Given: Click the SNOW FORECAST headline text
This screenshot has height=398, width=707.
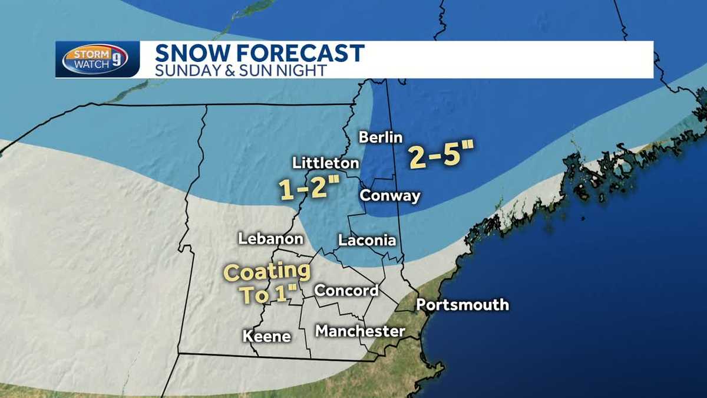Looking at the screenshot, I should click(259, 53).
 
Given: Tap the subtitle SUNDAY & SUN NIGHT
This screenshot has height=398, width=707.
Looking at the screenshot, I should click(240, 70).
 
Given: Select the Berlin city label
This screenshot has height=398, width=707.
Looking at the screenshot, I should click(381, 137).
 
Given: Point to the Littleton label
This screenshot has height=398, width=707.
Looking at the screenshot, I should click(326, 163).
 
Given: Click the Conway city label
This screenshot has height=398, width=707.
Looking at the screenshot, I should click(390, 196).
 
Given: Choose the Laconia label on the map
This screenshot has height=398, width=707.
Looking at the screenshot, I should click(366, 241).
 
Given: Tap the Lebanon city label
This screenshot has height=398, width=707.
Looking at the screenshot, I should click(270, 239).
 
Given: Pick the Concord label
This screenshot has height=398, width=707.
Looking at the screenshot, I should click(346, 291).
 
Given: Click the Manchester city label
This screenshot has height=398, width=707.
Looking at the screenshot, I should click(360, 331).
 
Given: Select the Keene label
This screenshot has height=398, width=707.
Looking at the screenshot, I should click(267, 336).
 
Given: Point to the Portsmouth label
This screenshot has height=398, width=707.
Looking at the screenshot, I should click(462, 305).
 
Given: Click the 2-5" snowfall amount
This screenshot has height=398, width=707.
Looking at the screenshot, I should click(442, 155).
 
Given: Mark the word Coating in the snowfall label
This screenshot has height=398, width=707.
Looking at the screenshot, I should click(268, 272).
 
